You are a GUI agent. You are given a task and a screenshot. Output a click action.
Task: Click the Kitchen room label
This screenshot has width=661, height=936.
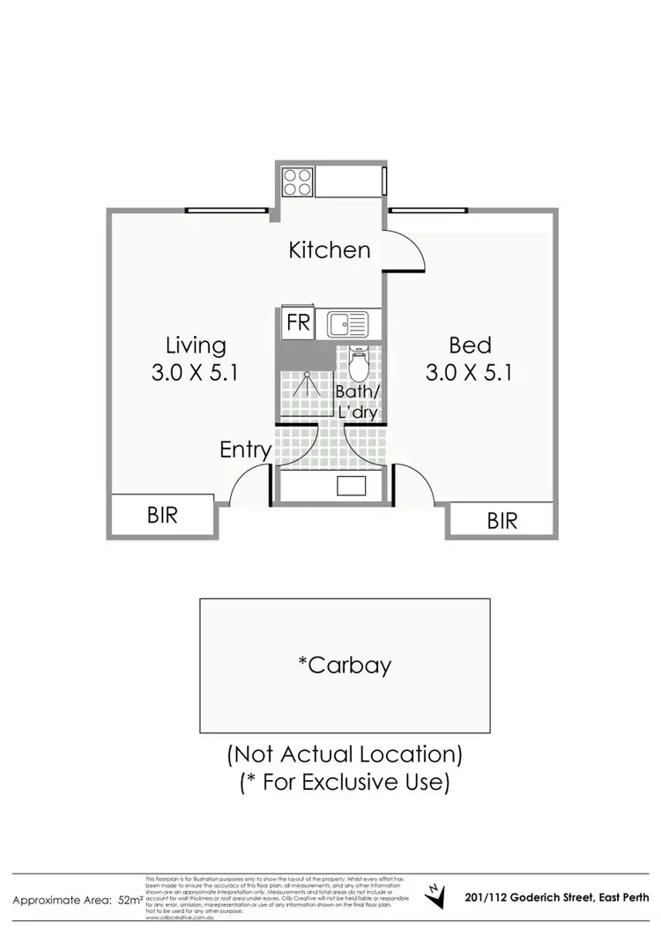coord(330,250)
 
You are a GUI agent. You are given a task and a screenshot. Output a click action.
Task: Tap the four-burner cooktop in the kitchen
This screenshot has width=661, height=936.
coord(297,181)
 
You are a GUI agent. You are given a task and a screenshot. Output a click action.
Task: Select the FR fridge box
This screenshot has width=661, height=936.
coord(298,323)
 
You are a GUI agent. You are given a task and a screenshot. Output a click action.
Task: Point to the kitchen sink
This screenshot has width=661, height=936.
coord(350,324)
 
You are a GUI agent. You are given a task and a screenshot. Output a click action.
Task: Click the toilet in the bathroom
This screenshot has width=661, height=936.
coord(360,362)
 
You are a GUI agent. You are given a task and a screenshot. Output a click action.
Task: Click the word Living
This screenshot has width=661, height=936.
coord(196,345)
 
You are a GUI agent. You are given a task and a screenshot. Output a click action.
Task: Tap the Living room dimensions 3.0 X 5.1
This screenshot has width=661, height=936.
coord(196,373)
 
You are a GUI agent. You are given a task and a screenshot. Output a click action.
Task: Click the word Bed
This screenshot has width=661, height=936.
coord(469,345)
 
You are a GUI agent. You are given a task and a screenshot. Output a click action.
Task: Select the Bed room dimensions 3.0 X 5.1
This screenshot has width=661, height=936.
coord(469,373)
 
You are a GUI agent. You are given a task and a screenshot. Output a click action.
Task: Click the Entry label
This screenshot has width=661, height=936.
coord(245,450)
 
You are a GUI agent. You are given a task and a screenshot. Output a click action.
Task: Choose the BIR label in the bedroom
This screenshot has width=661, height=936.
coord(502,521)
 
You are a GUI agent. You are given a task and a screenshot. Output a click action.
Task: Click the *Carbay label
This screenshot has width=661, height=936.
coord(345,665)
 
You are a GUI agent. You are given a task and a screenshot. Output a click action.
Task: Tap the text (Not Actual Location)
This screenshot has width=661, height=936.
coord(345,754)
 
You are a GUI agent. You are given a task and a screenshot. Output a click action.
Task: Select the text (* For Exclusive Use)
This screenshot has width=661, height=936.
coord(345,781)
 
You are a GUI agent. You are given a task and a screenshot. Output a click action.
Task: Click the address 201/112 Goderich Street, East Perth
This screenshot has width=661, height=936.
coord(556,898)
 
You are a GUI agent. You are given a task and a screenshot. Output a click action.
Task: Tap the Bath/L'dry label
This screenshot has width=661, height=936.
coord(357,400)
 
